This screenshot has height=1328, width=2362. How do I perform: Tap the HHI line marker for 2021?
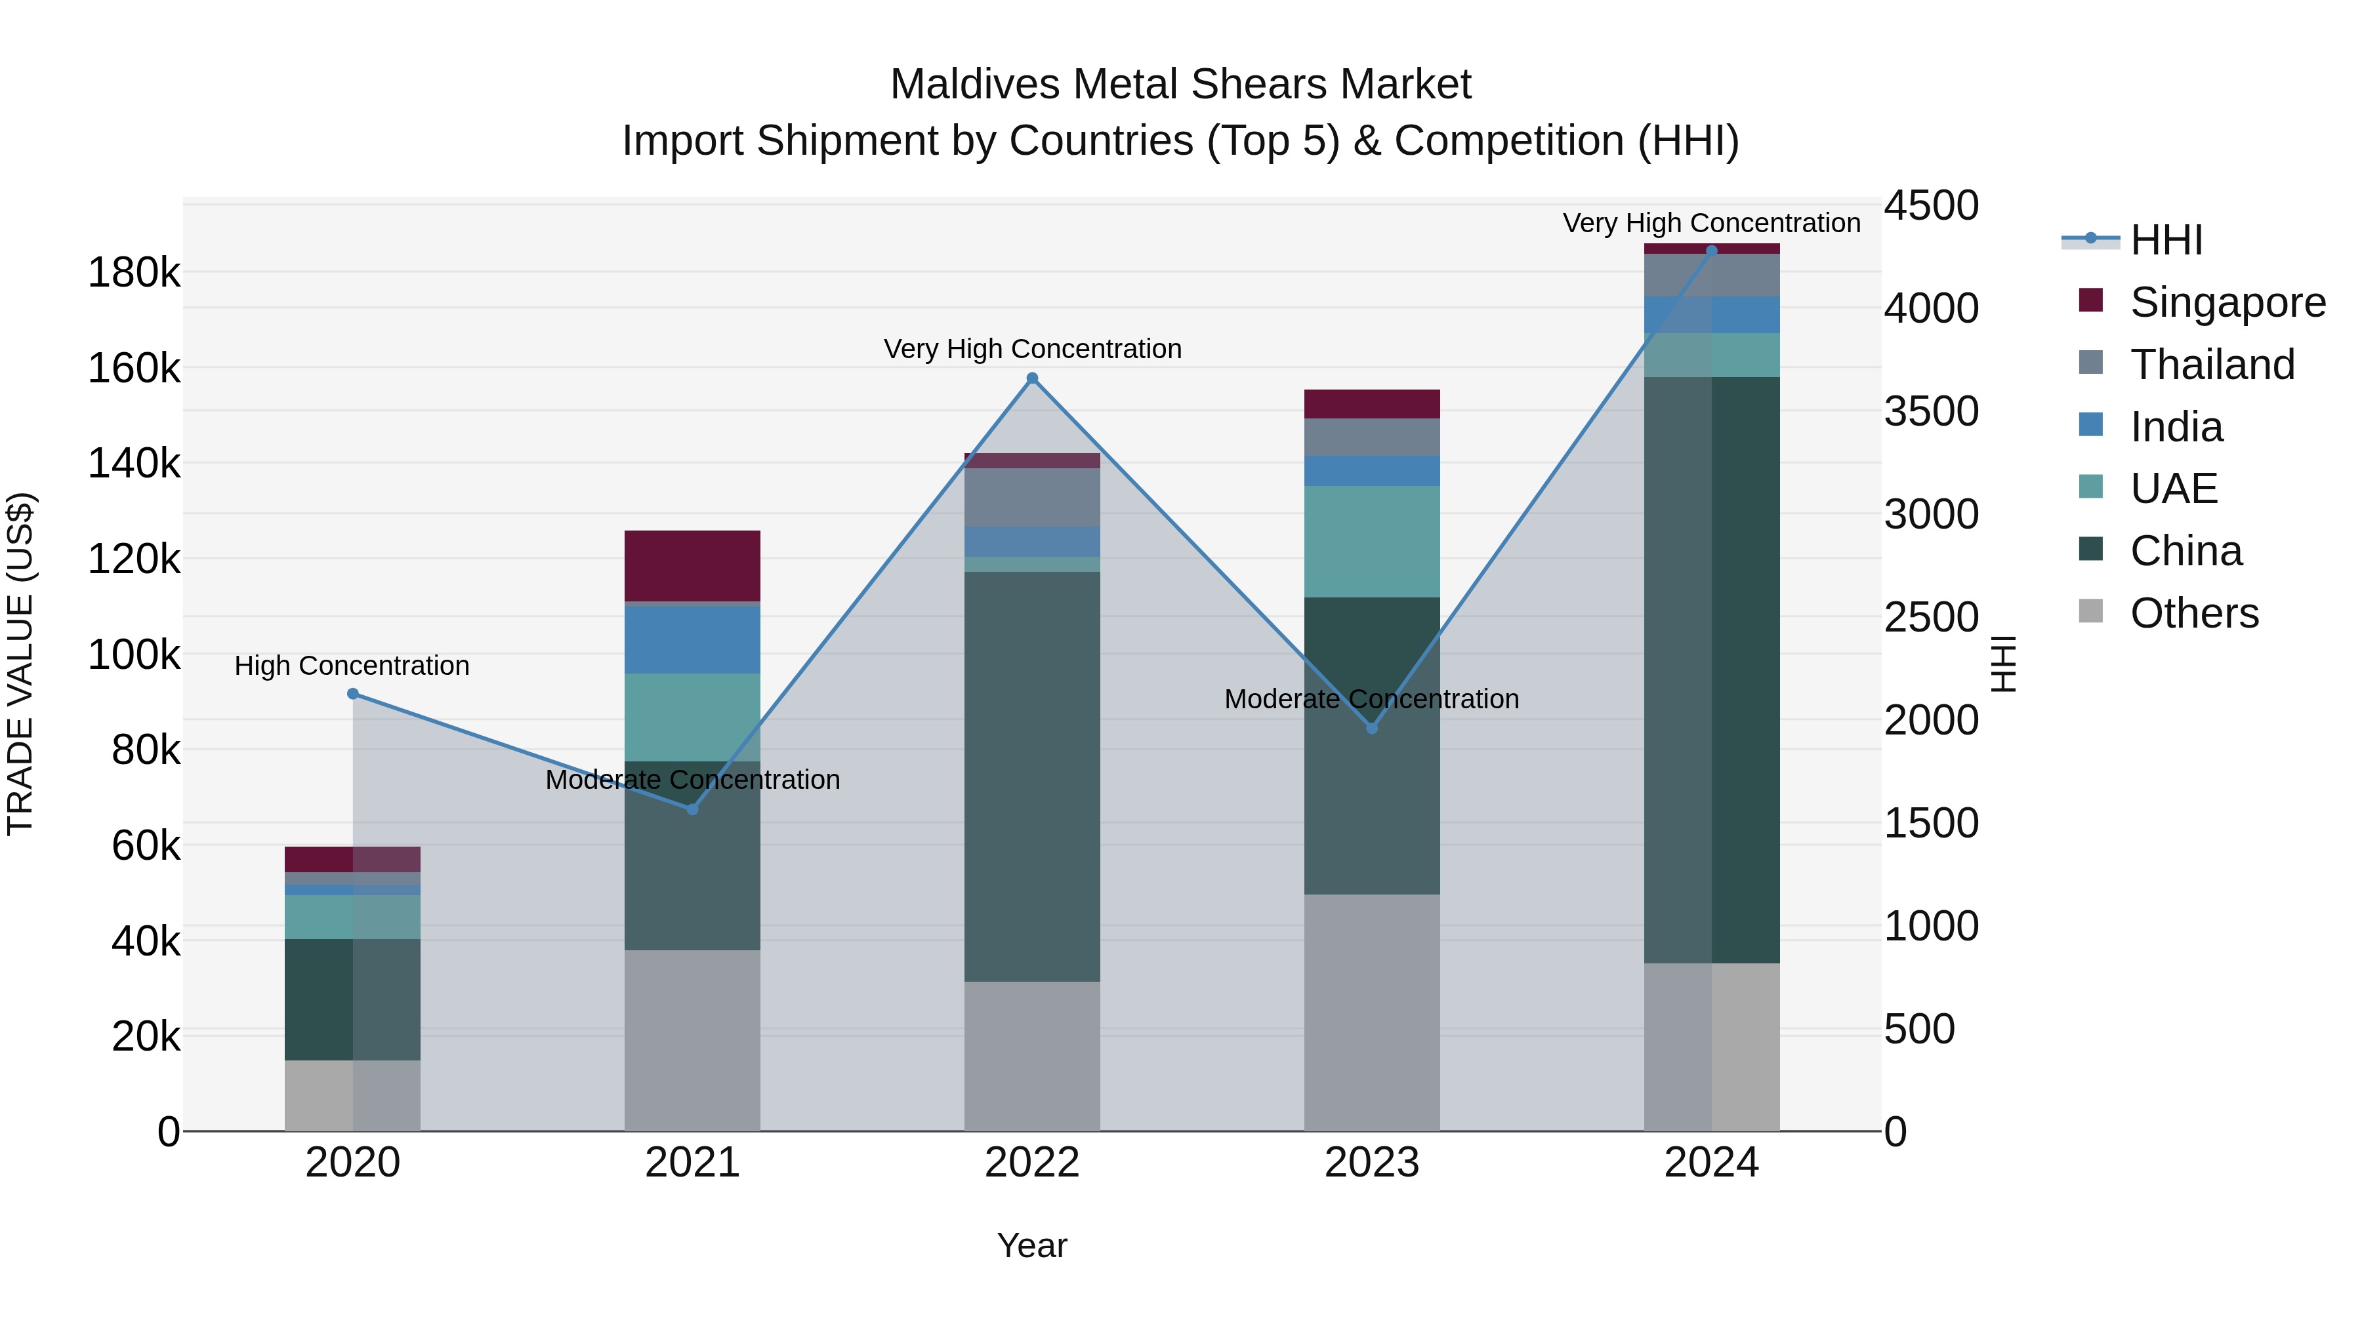692,809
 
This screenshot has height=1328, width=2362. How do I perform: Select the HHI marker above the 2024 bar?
1711,251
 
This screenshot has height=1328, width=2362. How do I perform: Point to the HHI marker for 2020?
353,694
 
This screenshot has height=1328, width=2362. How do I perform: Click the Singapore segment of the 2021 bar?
692,565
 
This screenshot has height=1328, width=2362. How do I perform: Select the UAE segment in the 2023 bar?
1372,541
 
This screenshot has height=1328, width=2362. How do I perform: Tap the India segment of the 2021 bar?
692,639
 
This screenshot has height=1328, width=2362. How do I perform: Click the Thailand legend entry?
2212,365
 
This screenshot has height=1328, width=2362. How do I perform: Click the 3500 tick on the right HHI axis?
1931,411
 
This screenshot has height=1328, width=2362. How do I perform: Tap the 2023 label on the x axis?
1372,1163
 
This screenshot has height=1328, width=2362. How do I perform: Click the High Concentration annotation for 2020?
352,666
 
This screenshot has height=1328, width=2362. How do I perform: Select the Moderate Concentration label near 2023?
1372,699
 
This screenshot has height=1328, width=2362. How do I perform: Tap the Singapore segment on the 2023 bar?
1372,404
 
